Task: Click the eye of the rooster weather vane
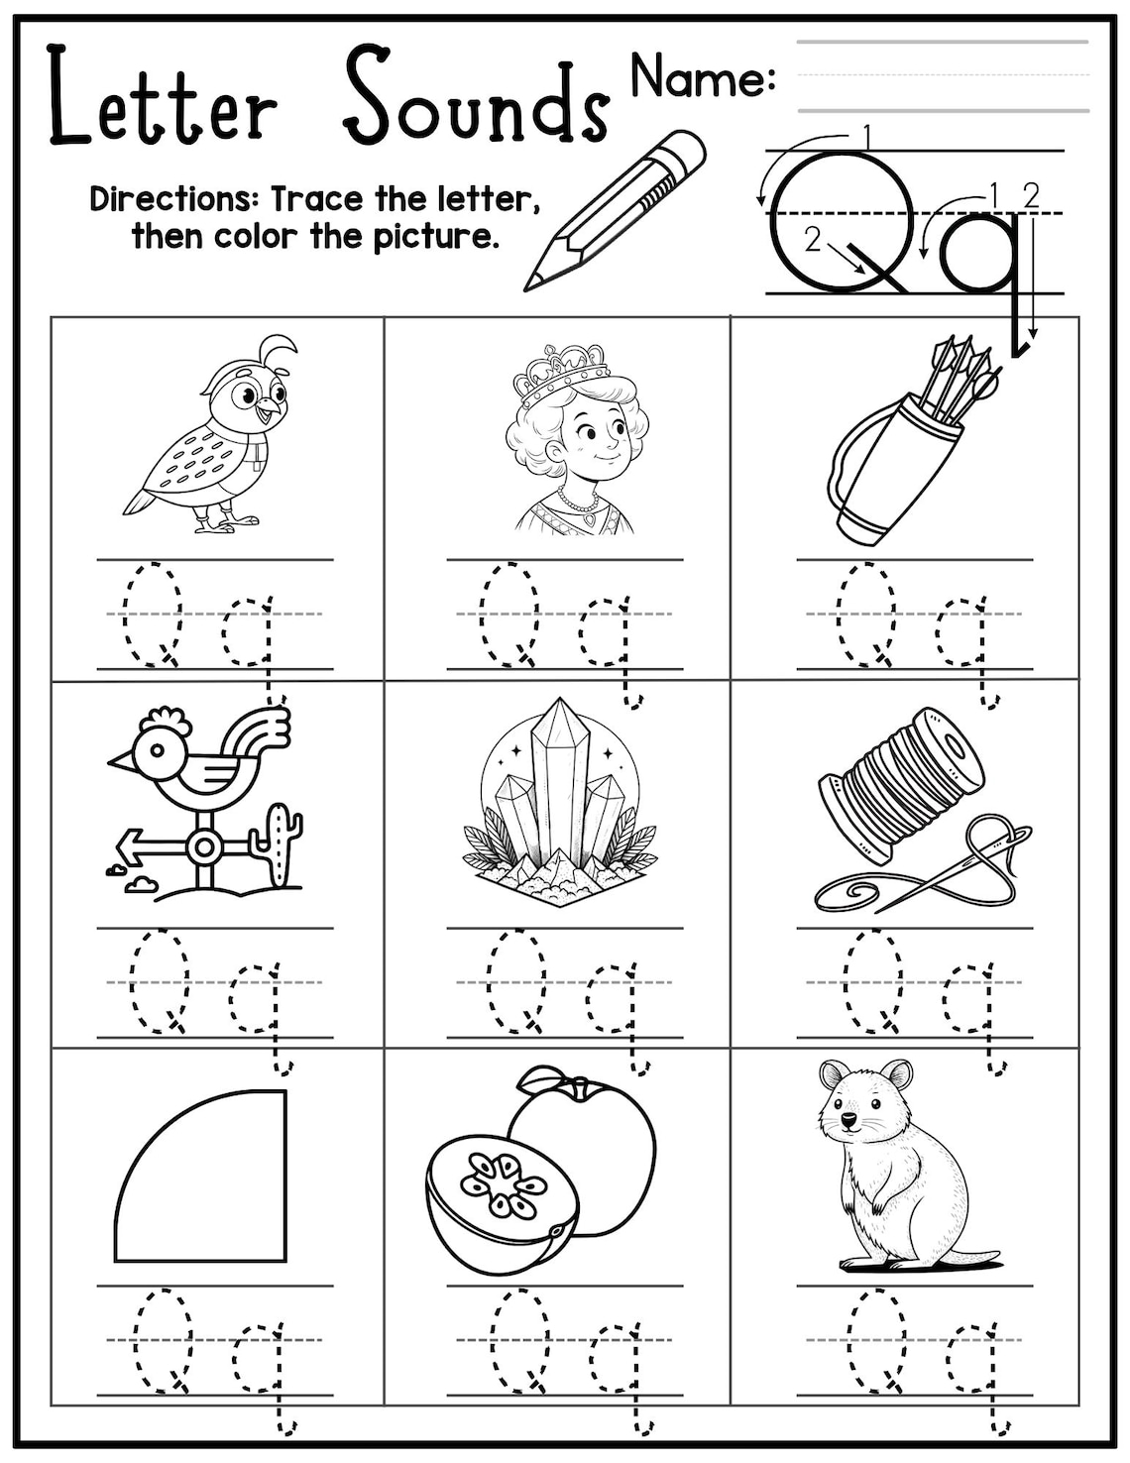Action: (x=156, y=750)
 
